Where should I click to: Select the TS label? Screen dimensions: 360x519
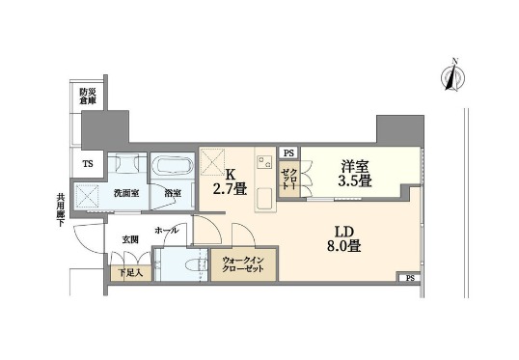point(89,163)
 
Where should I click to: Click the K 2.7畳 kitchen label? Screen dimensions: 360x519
point(230,181)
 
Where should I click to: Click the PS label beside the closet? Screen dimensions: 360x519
point(287,153)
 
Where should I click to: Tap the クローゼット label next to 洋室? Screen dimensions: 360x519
point(288,180)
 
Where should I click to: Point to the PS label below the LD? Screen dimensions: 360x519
point(410,278)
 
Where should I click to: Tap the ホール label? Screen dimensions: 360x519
point(165,231)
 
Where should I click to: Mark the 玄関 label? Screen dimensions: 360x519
point(129,238)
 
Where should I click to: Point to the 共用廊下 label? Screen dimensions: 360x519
point(61,209)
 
